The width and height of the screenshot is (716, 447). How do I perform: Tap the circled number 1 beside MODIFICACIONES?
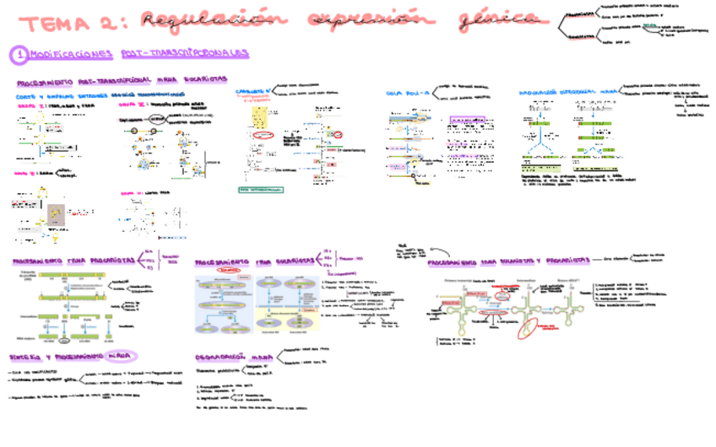[18, 54]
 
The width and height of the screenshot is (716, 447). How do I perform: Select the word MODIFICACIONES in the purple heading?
[71, 54]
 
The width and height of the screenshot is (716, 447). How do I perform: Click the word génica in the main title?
[502, 19]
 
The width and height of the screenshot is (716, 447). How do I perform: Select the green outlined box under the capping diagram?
[261, 190]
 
